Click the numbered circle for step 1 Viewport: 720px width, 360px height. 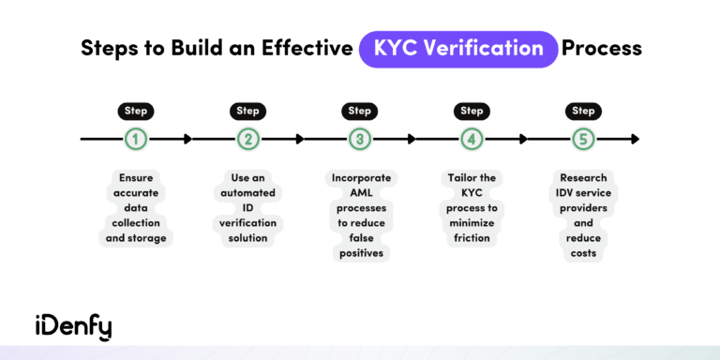136,140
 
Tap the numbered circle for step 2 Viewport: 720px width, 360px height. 247,140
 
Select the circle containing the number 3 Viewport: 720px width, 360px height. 360,140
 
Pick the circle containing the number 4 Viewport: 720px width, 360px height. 472,140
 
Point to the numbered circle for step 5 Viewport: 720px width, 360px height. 583,140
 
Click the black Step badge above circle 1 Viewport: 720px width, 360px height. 136,111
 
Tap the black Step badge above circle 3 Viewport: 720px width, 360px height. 360,111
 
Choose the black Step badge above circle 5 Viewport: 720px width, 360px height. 583,111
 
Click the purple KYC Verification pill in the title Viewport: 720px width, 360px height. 457,48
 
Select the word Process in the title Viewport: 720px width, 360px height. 601,48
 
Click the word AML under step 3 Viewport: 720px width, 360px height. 360,192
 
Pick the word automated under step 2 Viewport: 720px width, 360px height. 247,192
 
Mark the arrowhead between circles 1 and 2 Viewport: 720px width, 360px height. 187,140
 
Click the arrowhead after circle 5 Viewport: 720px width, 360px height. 635,140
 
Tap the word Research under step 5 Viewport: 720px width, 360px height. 583,177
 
